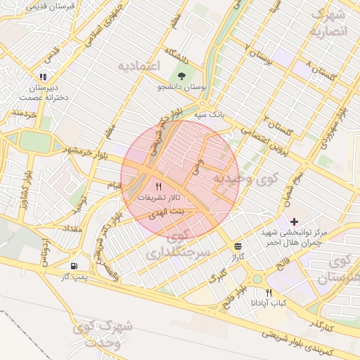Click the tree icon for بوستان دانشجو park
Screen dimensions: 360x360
[x=182, y=75]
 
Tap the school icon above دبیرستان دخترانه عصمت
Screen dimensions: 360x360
[x=43, y=77]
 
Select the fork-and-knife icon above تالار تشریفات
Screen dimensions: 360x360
[x=158, y=187]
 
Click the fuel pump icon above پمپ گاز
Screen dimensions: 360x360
[x=75, y=266]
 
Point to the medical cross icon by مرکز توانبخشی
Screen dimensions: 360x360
[x=294, y=221]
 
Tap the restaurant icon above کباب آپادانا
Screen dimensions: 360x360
[x=269, y=292]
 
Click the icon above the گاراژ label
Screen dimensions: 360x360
[x=238, y=246]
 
